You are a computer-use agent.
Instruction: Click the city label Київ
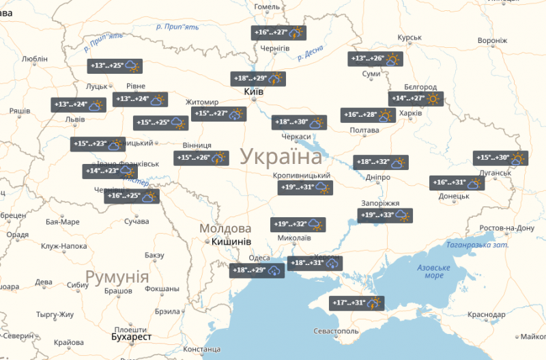pos(253,92)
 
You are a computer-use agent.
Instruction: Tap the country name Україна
pos(281,156)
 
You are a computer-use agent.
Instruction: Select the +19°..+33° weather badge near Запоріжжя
pos(386,216)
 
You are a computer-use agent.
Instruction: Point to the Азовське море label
pos(435,271)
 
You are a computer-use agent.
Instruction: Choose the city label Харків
pos(409,113)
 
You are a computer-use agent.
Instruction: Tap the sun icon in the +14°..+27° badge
pos(432,98)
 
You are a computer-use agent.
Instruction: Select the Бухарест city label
pos(132,337)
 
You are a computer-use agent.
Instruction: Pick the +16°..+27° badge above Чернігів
pos(278,32)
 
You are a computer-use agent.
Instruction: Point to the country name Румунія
pos(117,277)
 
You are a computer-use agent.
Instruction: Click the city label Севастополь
pos(334,331)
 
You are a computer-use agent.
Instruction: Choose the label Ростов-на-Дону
pos(506,227)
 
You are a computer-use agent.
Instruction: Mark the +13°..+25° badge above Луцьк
pos(115,66)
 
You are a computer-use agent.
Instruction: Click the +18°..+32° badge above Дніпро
pos(381,163)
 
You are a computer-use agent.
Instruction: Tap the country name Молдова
pos(225,228)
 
